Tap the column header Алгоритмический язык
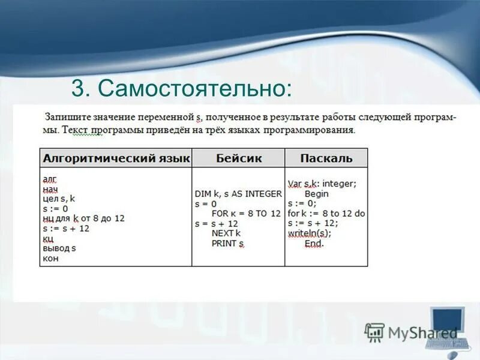click(116, 158)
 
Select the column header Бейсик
click(238, 158)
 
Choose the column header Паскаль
click(326, 158)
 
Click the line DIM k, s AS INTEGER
click(238, 194)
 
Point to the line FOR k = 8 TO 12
click(246, 214)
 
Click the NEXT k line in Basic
click(226, 233)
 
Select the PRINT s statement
click(228, 244)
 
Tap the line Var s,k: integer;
click(322, 184)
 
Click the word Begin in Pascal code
click(317, 194)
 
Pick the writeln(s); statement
click(309, 233)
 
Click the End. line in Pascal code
click(314, 244)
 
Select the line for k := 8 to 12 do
click(326, 214)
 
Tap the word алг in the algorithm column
click(49, 179)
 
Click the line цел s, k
click(59, 199)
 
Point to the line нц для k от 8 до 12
click(83, 218)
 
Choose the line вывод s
click(59, 248)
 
